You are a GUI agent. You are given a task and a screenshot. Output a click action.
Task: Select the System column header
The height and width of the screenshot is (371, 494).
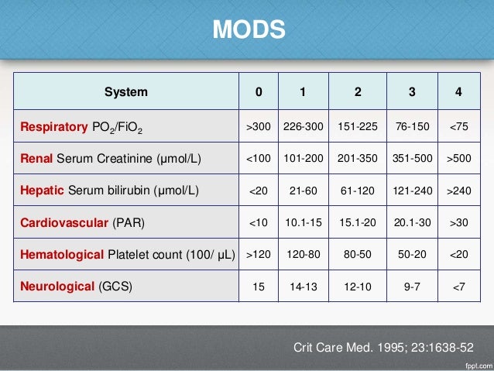point(125,92)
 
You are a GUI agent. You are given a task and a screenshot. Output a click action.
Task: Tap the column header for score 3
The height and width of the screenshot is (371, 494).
point(410,92)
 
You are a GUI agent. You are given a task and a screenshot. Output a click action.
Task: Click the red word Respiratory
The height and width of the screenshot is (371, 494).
point(55,127)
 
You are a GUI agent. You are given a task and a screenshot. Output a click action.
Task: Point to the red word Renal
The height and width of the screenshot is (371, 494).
point(35,160)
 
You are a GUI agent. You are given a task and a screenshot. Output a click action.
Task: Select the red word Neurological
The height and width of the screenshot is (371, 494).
point(58,286)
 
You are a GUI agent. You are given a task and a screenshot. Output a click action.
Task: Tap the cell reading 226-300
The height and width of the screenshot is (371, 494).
point(303,127)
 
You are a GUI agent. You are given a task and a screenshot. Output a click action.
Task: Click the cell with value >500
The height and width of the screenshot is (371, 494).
point(459,160)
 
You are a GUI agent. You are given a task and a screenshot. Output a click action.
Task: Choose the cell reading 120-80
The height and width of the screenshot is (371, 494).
point(303,254)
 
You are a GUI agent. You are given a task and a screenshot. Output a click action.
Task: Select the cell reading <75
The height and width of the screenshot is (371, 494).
point(459,127)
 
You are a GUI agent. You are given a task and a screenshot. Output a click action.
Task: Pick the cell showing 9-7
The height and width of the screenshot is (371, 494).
point(410,286)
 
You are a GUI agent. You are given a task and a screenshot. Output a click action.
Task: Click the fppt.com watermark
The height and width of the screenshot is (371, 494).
point(472,364)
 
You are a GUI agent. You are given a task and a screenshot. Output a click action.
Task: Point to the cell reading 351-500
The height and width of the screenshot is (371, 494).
point(410,160)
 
